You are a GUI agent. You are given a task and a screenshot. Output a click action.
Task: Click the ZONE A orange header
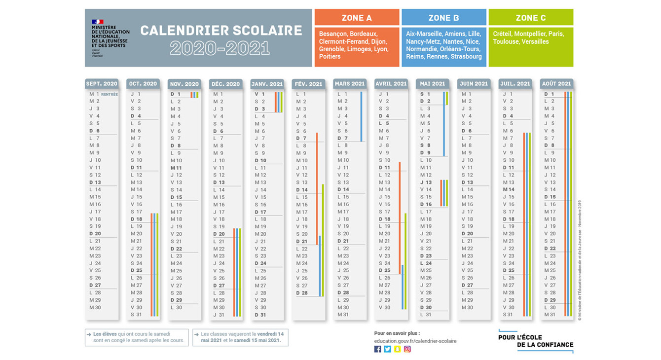pyautogui.click(x=357, y=18)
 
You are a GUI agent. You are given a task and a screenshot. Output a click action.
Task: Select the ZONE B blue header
pyautogui.click(x=443, y=18)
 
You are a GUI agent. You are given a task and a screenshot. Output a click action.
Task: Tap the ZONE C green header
pyautogui.click(x=530, y=18)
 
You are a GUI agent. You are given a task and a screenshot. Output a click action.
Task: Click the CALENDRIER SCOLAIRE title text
pyautogui.click(x=221, y=31)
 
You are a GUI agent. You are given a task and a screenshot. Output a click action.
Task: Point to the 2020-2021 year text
pyautogui.click(x=220, y=48)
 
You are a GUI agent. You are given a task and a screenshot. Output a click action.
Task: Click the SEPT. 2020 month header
pyautogui.click(x=102, y=84)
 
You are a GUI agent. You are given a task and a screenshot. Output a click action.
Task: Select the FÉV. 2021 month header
pyautogui.click(x=308, y=84)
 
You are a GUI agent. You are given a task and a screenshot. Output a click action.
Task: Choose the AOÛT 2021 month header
pyautogui.click(x=556, y=84)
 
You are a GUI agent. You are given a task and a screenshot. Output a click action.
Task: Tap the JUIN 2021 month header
pyautogui.click(x=474, y=84)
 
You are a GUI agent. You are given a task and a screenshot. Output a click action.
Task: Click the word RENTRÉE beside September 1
pyautogui.click(x=110, y=94)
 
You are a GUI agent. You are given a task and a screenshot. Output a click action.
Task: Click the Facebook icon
pyautogui.click(x=378, y=349)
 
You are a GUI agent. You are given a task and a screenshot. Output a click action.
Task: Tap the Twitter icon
pyautogui.click(x=388, y=349)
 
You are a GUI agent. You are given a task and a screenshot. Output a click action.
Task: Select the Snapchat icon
pyautogui.click(x=398, y=349)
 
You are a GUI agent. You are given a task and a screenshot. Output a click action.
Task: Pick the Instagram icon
pyautogui.click(x=407, y=349)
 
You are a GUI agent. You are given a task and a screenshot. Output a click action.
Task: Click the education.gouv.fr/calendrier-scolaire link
pyautogui.click(x=415, y=341)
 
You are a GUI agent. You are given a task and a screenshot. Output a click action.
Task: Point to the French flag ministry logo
pyautogui.click(x=98, y=22)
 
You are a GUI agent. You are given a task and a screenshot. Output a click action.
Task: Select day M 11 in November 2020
pyautogui.click(x=177, y=168)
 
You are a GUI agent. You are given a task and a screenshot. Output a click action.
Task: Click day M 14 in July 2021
pyautogui.click(x=509, y=189)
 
